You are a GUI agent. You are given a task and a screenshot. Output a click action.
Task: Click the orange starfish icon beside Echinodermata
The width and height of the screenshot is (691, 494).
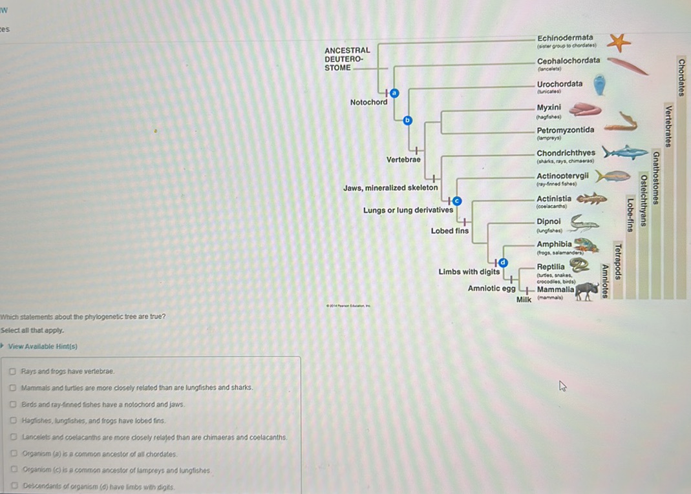tap(619, 43)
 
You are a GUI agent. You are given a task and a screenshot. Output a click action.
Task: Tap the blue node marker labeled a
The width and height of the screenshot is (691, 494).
tap(394, 94)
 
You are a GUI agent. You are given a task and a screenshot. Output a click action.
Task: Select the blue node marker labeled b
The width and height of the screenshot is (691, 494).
tap(407, 120)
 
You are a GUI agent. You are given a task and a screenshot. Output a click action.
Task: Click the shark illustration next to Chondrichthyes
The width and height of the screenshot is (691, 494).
tap(624, 152)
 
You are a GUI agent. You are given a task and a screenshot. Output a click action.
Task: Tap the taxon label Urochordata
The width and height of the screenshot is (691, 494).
tap(559, 84)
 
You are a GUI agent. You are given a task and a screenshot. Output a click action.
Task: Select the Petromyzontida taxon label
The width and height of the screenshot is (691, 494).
tap(565, 130)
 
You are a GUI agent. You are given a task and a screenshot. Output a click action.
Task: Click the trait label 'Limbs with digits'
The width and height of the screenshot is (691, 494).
tap(469, 272)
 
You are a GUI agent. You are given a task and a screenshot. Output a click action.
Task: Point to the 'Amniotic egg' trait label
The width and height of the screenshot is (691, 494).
tap(491, 288)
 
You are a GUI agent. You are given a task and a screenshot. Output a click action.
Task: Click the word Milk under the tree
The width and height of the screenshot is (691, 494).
tap(524, 299)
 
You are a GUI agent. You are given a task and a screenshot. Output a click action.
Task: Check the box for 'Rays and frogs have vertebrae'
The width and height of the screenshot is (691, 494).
tap(13, 371)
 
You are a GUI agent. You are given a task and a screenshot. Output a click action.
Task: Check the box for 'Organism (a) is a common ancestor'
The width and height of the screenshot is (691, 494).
tap(13, 454)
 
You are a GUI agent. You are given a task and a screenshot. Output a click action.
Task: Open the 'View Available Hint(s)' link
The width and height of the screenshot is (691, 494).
tap(42, 346)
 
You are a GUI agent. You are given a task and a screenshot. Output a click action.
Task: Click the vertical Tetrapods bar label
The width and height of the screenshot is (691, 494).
tap(618, 262)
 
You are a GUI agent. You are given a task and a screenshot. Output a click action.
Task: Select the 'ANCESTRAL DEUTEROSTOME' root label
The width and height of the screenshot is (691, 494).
tap(347, 59)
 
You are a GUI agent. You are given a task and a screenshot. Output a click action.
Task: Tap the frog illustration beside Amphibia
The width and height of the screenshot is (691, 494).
tap(586, 245)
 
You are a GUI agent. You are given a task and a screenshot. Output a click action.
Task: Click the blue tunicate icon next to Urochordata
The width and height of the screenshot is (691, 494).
tap(599, 85)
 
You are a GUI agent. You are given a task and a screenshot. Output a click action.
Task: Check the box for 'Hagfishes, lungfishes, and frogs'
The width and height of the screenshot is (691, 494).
tap(13, 420)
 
